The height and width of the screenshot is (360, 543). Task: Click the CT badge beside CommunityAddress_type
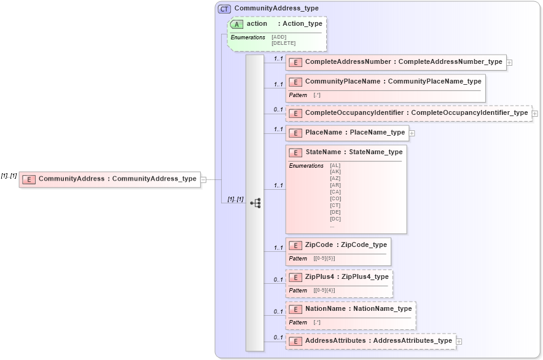(225, 9)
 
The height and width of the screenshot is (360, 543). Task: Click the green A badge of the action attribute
(237, 24)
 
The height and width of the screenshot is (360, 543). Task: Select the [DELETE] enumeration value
(283, 43)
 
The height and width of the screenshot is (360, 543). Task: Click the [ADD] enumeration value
(278, 37)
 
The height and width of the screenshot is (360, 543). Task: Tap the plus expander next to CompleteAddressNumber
(509, 63)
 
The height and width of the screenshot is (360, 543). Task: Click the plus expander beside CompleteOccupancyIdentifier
(535, 114)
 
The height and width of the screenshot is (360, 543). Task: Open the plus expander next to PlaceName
(412, 133)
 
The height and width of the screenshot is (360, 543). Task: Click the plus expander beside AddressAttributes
(459, 342)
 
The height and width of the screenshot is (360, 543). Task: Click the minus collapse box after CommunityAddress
(203, 179)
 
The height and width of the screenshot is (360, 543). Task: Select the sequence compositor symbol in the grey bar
(255, 203)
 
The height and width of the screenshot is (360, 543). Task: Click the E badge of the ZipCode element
(295, 245)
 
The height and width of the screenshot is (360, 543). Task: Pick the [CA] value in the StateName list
(335, 192)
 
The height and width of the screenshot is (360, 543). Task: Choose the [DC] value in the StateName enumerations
(335, 219)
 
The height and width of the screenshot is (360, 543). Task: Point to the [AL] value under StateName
(335, 165)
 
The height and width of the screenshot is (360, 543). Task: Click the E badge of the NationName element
(295, 309)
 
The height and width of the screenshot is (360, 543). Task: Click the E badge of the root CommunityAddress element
(28, 179)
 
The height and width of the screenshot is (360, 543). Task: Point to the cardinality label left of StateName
(278, 186)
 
